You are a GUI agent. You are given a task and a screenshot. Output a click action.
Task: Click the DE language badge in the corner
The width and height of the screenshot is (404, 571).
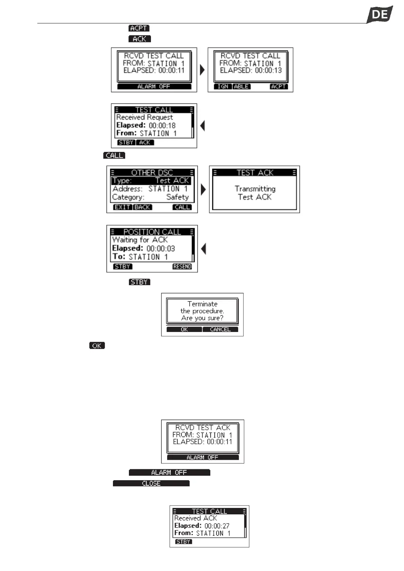[x=380, y=14]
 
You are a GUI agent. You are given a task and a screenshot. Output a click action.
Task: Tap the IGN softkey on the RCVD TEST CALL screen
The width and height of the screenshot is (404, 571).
[x=223, y=86]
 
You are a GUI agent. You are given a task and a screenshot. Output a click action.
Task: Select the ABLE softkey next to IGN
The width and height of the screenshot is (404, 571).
[x=241, y=86]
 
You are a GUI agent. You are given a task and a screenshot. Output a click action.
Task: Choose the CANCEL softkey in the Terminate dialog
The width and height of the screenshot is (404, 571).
[x=220, y=329]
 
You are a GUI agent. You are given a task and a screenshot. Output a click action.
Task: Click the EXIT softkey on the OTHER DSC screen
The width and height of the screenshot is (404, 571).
[x=122, y=207]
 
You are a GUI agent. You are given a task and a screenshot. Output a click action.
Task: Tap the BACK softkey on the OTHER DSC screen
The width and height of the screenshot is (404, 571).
[x=142, y=207]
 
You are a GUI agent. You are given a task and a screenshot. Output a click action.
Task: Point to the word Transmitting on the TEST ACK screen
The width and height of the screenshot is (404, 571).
[x=255, y=189]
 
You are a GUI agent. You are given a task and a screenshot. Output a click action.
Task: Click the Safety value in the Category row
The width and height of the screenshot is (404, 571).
[x=177, y=197]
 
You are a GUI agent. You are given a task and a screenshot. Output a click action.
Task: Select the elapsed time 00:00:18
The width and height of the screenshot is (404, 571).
[x=162, y=125]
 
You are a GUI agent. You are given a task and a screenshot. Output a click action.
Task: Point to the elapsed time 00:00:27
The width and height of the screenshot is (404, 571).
[x=217, y=526]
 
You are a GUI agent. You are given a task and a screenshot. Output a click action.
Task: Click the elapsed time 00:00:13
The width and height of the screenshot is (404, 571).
[x=268, y=70]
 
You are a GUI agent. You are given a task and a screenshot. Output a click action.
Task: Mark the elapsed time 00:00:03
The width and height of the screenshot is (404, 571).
[x=161, y=248]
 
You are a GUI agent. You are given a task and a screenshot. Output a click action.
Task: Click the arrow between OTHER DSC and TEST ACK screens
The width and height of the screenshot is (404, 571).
[x=203, y=190]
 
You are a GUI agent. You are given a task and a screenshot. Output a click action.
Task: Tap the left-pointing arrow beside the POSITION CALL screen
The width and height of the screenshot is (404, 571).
[x=203, y=249]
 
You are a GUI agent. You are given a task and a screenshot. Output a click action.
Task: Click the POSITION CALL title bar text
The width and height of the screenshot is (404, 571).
[x=152, y=232]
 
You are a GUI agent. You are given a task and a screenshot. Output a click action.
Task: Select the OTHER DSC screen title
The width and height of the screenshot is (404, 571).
[x=152, y=173]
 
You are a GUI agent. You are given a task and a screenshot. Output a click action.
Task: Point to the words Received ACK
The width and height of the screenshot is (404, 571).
[x=195, y=518]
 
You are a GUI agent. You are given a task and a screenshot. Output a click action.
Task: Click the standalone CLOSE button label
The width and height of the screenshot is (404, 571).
[x=151, y=483]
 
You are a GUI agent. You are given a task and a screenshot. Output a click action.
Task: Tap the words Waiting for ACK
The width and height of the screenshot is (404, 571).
[x=140, y=240]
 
